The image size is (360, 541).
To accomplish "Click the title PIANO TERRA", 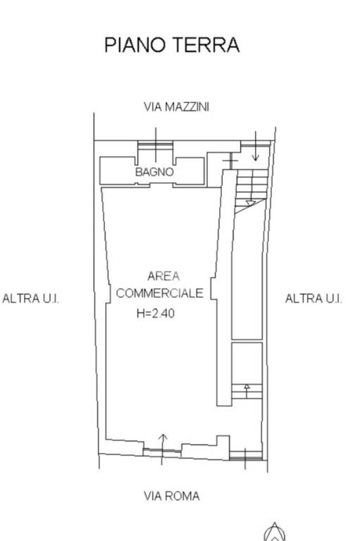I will (x=172, y=45).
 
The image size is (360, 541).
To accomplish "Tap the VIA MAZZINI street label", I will (x=176, y=107).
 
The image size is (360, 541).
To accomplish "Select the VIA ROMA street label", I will (x=171, y=496).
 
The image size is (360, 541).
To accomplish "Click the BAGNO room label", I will (x=154, y=171).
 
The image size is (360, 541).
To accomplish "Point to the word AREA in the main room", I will (x=163, y=276).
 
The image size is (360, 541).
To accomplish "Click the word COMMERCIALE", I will (x=160, y=293).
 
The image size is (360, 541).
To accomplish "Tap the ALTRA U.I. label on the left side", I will (x=31, y=299).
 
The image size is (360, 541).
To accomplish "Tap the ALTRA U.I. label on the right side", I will (x=314, y=299).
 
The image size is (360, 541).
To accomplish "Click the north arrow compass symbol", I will (x=274, y=532).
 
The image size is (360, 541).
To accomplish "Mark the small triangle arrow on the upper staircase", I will (x=249, y=204).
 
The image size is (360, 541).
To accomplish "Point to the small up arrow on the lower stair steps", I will (x=247, y=387).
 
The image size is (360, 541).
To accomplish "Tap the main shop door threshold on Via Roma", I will (x=163, y=452).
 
